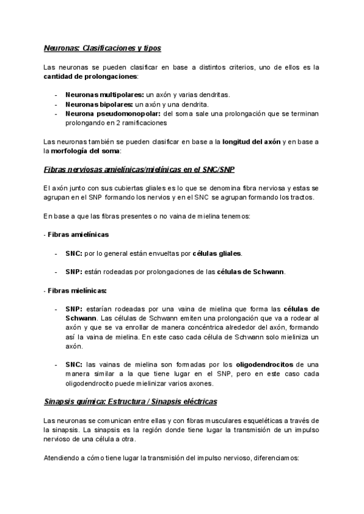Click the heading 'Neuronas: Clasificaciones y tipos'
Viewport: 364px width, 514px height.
(102, 47)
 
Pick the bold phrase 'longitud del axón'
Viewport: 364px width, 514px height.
(251, 141)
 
